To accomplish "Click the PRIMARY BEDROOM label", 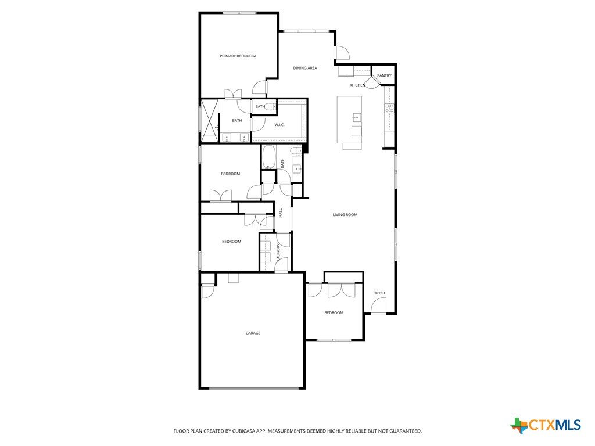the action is (x=238, y=56).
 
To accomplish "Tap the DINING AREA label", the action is (x=305, y=69).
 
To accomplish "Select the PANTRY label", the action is (x=384, y=76).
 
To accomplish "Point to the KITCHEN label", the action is (x=357, y=85).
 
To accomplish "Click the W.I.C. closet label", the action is (x=279, y=125).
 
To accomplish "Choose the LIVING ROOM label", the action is (x=345, y=215).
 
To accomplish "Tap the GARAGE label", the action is (x=253, y=333).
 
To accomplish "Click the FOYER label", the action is (x=379, y=293).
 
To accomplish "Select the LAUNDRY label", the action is (x=278, y=252).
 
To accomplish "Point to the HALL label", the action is (x=281, y=213).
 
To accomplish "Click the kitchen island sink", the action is (x=357, y=117).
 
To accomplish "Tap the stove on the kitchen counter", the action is (x=389, y=109).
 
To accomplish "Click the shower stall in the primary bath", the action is (x=210, y=121).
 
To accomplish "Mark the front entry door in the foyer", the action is (x=379, y=305).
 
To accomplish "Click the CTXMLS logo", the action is (x=546, y=425).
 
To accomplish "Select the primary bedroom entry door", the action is (x=260, y=88).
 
